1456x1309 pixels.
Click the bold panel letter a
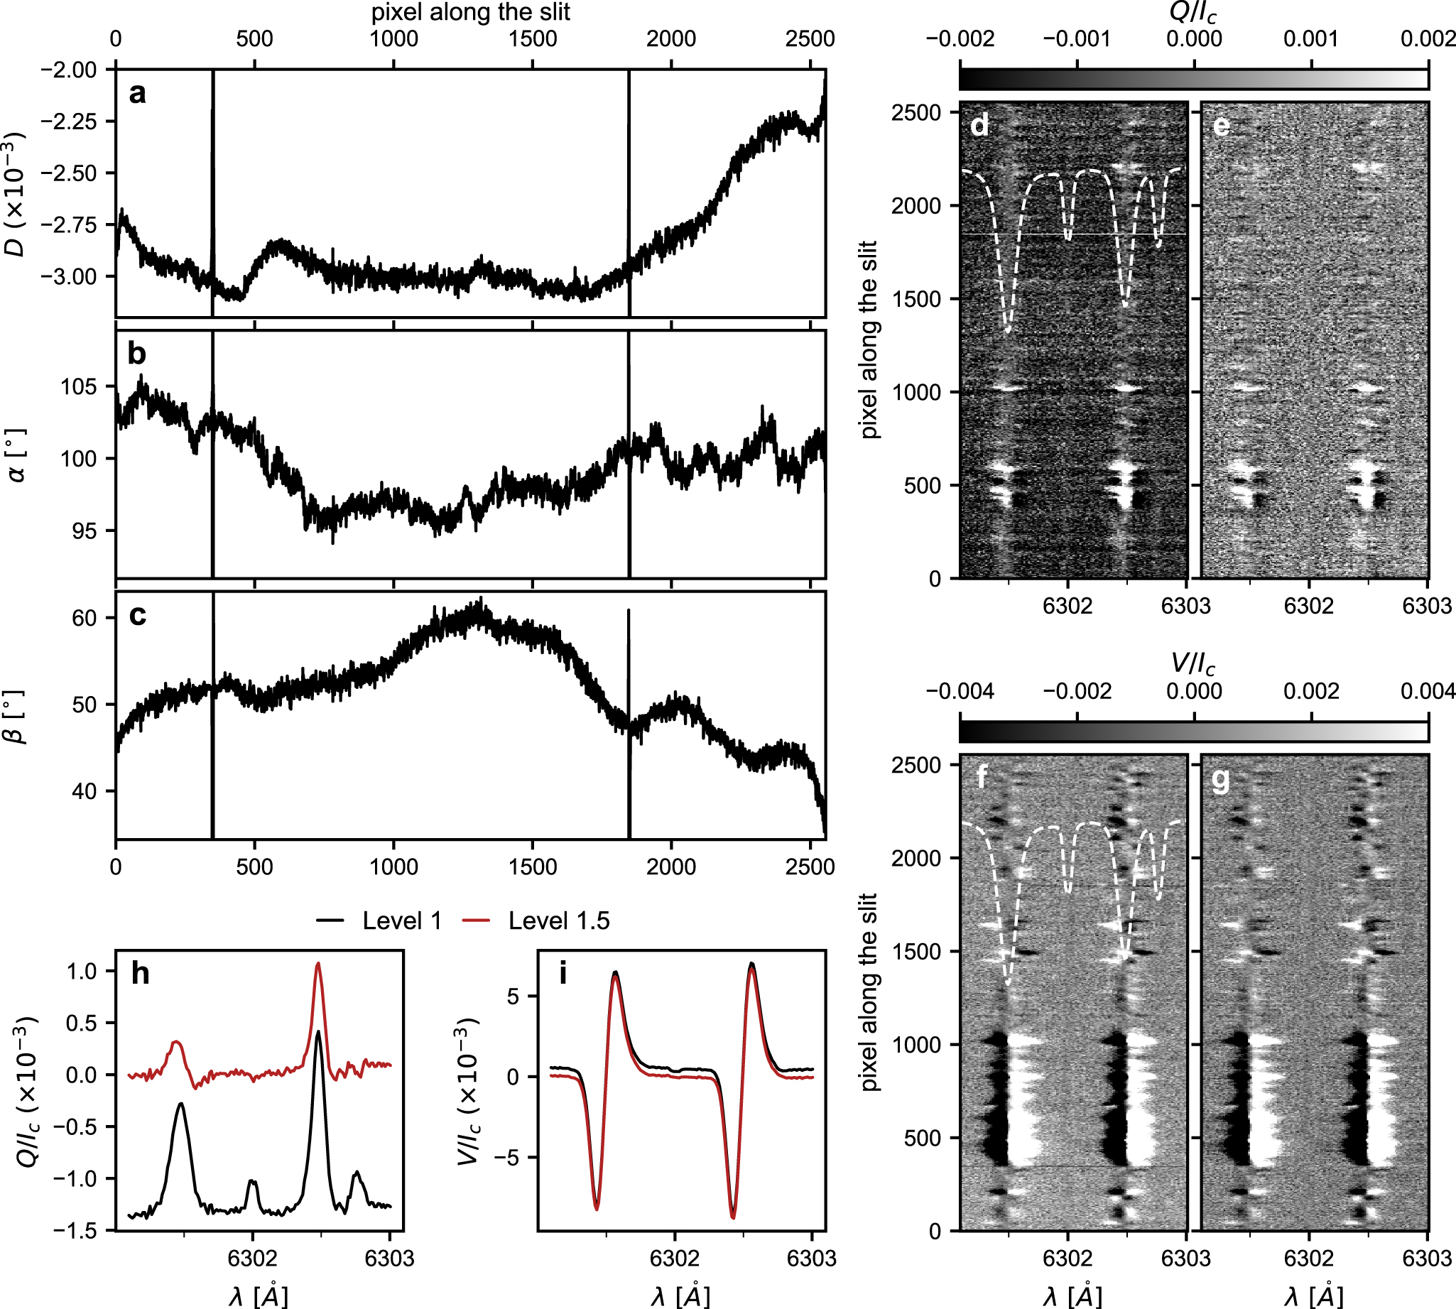click(136, 94)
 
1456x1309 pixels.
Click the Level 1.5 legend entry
click(536, 920)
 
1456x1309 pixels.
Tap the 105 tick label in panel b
click(79, 387)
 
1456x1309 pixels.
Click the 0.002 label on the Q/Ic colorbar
click(1427, 39)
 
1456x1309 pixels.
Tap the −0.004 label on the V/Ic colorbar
click(960, 692)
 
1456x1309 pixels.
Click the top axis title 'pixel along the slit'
click(470, 12)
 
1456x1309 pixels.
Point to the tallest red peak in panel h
click(318, 964)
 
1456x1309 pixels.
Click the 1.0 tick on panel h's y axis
click(80, 972)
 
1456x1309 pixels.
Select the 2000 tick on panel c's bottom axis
click(670, 866)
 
